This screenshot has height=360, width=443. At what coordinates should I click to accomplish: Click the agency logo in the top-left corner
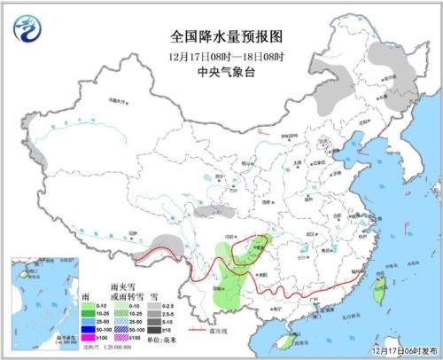27,28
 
